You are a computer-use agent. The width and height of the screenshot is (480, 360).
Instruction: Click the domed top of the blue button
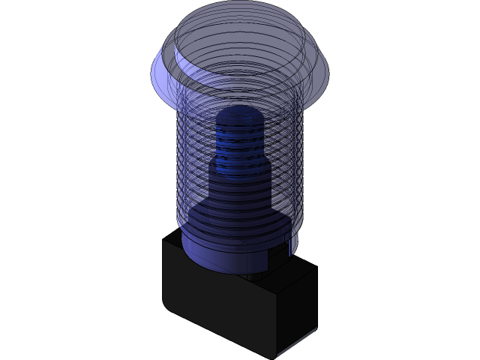(240, 45)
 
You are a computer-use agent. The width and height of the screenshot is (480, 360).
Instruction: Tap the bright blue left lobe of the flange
(163, 71)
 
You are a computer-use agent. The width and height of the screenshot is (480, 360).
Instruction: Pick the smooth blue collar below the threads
(225, 251)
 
